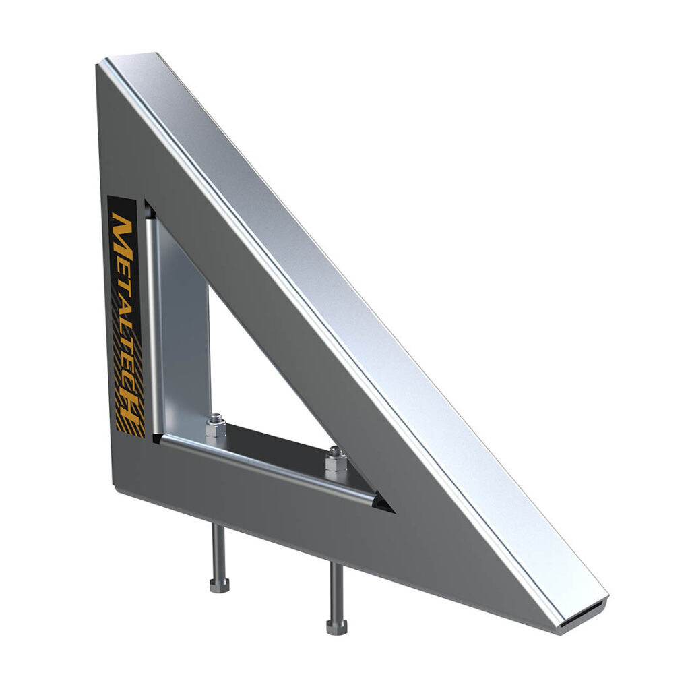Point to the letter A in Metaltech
[x=124, y=293]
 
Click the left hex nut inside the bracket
[x=216, y=426]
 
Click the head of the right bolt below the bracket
[x=337, y=627]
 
